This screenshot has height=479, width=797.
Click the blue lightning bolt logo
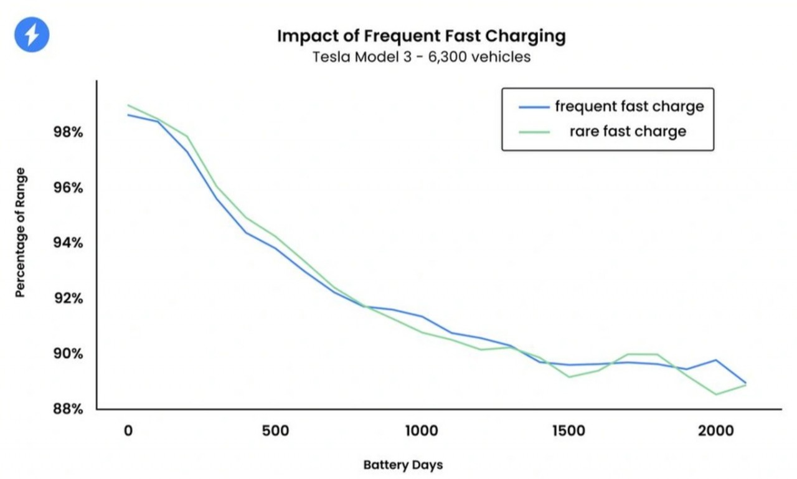click(31, 35)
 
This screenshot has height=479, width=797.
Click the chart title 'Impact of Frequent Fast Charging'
click(421, 36)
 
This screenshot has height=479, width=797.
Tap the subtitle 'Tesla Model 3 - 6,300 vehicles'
click(421, 57)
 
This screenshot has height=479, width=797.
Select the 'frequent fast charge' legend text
click(630, 107)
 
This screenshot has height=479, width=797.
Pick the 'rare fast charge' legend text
click(628, 131)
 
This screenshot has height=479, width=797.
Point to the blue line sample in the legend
click(534, 107)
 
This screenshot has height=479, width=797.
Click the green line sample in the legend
click(534, 132)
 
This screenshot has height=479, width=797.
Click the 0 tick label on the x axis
click(128, 431)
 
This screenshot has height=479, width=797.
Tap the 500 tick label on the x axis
click(276, 431)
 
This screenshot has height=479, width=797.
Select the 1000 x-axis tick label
click(422, 431)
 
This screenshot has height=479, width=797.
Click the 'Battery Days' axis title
click(403, 465)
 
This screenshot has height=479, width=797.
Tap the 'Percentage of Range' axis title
click(21, 232)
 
